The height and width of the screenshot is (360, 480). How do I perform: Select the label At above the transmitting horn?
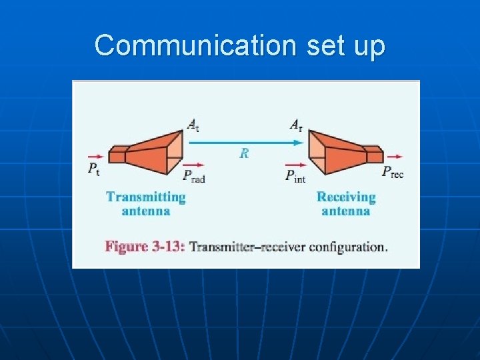coord(193,124)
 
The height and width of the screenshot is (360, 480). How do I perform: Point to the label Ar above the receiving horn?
coord(296,124)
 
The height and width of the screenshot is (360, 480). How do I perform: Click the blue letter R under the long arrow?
coord(244,153)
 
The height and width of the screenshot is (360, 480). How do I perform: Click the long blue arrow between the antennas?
coord(244,141)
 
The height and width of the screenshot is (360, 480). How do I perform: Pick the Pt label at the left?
coord(94,169)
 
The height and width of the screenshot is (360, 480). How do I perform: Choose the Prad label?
coord(194,175)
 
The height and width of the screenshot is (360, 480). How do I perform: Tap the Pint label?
coord(295,175)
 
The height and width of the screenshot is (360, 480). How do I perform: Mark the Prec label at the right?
coord(393,172)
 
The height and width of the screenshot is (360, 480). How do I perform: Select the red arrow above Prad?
coord(193,163)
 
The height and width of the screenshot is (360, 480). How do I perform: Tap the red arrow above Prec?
coord(393,157)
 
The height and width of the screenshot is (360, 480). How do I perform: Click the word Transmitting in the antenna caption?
coord(145,197)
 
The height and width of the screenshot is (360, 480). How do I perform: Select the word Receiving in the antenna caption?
coord(346,197)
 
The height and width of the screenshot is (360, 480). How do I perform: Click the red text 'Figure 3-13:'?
coord(145,247)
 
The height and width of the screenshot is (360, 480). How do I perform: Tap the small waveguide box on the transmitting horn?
coord(118,155)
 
